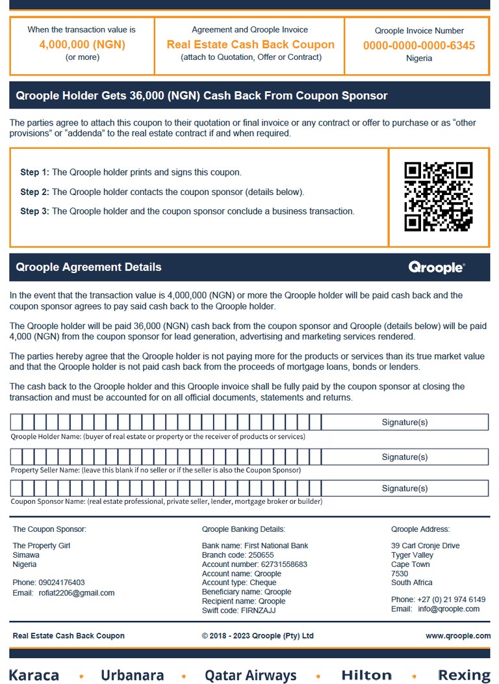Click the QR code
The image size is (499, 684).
pyautogui.click(x=438, y=197)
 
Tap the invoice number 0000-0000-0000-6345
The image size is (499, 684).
pyautogui.click(x=418, y=46)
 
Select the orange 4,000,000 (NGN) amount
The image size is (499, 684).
pyautogui.click(x=83, y=45)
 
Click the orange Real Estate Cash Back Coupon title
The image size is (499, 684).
pyautogui.click(x=250, y=45)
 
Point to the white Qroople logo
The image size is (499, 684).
pyautogui.click(x=436, y=267)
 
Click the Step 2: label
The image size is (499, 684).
pyautogui.click(x=34, y=192)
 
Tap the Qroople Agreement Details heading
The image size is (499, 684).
pyautogui.click(x=88, y=267)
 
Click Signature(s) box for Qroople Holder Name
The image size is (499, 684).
pyautogui.click(x=404, y=422)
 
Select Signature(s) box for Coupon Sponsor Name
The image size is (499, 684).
pyautogui.click(x=404, y=488)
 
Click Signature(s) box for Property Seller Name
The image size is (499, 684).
pyautogui.click(x=404, y=456)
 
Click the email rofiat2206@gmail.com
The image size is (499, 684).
pyautogui.click(x=76, y=593)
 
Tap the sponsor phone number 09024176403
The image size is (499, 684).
pyautogui.click(x=61, y=583)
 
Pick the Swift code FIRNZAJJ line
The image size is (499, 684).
pyautogui.click(x=238, y=611)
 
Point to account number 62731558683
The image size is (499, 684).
pyautogui.click(x=254, y=564)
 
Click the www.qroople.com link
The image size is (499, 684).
pyautogui.click(x=458, y=635)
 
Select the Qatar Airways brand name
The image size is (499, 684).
pyautogui.click(x=250, y=675)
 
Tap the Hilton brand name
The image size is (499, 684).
pyautogui.click(x=366, y=675)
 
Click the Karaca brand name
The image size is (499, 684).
pyautogui.click(x=34, y=675)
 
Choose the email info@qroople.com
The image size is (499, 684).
pyautogui.click(x=449, y=609)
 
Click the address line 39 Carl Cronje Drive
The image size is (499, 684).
pyautogui.click(x=425, y=546)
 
